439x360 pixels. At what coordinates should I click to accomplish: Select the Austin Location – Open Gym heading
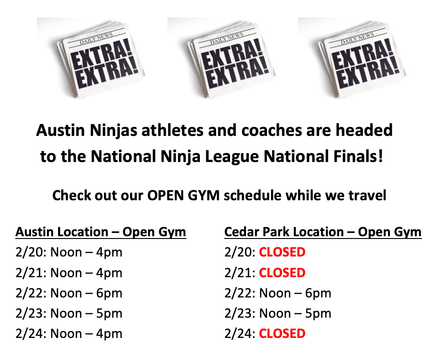101,232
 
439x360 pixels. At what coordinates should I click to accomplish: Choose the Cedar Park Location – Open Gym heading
323,232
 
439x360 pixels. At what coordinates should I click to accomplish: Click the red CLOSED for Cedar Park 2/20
282,252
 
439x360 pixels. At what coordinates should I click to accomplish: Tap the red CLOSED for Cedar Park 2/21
282,273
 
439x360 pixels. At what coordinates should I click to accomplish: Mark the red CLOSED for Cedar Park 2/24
282,333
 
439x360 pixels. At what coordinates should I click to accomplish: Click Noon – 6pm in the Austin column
86,293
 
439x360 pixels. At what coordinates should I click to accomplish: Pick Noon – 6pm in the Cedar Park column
295,293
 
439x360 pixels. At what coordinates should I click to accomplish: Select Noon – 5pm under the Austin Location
86,313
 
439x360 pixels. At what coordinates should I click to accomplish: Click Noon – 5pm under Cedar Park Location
295,313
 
